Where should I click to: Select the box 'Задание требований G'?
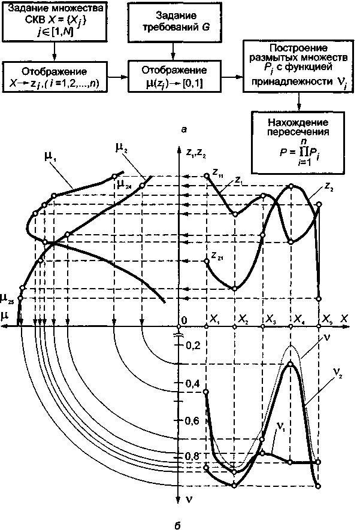173,22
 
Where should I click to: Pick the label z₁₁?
217,173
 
